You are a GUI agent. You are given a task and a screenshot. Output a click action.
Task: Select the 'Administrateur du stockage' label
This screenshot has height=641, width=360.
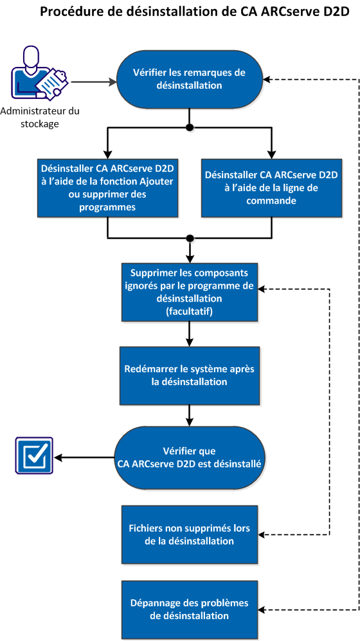point(40,117)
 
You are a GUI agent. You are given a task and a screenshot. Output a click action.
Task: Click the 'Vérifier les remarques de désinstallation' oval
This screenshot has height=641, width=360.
point(189,79)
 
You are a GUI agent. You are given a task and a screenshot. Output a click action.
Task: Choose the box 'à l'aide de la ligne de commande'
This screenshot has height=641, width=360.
point(270,186)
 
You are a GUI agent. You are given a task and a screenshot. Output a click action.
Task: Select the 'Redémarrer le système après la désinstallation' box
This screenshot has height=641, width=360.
point(189,375)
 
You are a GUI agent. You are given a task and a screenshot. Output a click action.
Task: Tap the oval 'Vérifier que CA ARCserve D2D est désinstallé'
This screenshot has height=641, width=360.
point(189,457)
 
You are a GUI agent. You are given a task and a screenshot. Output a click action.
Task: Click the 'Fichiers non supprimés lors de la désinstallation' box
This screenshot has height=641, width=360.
point(189,535)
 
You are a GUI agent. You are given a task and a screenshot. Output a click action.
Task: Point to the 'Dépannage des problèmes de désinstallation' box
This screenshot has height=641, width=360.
point(189,609)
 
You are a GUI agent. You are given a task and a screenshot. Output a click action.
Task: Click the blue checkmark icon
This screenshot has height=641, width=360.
point(33,457)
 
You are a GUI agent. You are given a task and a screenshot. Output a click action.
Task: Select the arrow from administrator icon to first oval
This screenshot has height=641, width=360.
point(93,82)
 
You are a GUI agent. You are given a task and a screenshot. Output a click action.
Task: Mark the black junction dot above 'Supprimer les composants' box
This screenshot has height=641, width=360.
point(189,239)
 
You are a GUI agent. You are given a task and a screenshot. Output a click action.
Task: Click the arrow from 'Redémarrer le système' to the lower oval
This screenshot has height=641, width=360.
point(189,415)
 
